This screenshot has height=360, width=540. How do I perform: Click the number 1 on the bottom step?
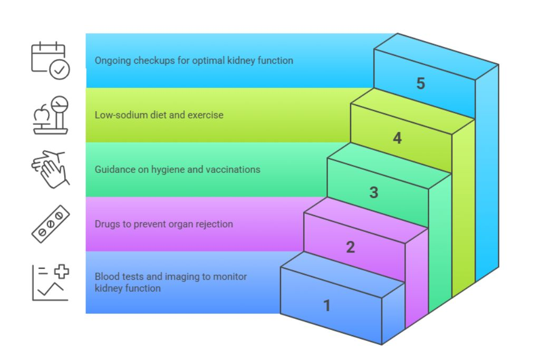tap(327, 305)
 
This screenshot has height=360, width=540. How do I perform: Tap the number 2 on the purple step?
tap(350, 247)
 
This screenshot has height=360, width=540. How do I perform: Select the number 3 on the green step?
tap(373, 192)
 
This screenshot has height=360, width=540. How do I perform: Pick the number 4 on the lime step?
tap(397, 138)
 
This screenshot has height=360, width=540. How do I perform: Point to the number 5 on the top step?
tap(420, 83)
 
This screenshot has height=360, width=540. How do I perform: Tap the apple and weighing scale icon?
tap(51, 115)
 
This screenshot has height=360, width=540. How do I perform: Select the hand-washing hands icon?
tap(50, 168)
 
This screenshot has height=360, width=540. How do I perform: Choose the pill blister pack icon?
tap(51, 223)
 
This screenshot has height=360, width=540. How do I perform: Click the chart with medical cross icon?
tap(51, 283)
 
